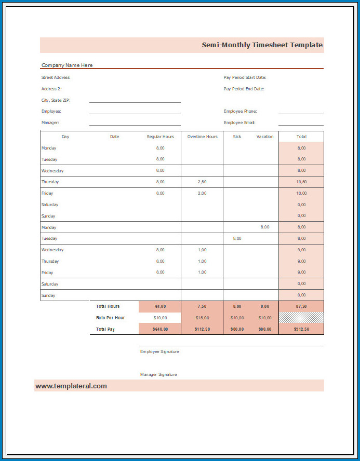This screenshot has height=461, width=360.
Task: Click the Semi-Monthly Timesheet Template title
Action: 262,45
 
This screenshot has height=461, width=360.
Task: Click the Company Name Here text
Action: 67,65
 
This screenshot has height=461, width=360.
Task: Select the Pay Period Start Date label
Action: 245,77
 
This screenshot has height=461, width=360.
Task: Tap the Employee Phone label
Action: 240,111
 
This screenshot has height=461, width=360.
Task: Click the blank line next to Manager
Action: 135,124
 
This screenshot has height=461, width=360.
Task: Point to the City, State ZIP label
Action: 56,100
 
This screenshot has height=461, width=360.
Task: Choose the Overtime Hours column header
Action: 202,137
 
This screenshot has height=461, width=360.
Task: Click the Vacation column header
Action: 264,137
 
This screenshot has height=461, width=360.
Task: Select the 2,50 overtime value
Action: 202,182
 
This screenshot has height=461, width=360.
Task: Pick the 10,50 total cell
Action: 301,182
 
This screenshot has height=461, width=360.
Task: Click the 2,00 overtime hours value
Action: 202,193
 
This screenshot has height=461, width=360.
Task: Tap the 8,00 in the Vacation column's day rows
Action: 265,227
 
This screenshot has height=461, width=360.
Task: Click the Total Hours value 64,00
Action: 160,306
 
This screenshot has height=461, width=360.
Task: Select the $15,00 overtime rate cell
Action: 202,318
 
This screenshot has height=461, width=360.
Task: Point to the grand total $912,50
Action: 301,329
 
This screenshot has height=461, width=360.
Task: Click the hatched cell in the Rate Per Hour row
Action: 301,318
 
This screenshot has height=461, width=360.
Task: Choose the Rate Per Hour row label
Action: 110,318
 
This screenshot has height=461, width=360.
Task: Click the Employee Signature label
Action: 159,351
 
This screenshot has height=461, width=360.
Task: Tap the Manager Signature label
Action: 158,374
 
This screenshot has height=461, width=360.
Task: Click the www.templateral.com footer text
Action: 71,386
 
